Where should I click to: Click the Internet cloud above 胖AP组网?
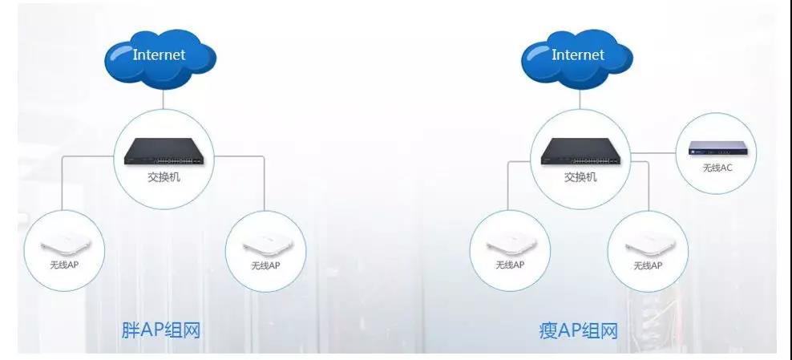160,59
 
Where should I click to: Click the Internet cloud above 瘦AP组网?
577,59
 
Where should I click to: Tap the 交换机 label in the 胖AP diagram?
164,177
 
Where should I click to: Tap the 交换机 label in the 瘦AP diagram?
580,177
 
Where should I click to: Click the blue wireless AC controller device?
716,148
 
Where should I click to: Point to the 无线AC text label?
717,168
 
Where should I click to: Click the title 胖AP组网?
161,330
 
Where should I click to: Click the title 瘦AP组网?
578,330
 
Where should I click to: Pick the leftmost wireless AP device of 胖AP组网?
65,246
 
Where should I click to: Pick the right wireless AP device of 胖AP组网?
266,246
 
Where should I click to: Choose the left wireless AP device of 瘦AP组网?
510,246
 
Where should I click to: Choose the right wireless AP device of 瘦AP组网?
648,246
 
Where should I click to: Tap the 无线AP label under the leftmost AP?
64,265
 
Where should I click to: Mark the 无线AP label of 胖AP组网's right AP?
265,265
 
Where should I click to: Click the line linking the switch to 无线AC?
653,153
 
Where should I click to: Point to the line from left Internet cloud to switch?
164,99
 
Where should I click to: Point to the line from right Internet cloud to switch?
580,99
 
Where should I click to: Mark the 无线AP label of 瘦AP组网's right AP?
648,265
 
